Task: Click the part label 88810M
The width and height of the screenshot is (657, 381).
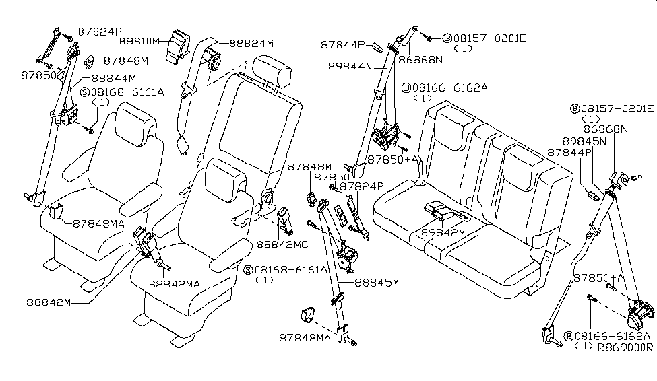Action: tap(139, 41)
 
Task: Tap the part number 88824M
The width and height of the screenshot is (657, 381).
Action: tap(251, 43)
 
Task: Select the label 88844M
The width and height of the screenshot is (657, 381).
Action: tap(114, 78)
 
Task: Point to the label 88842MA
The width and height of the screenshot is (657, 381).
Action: tap(175, 284)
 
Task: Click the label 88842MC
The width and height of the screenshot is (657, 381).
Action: tap(282, 244)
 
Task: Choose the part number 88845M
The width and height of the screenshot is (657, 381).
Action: tap(377, 283)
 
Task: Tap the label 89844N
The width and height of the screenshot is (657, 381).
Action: tap(350, 66)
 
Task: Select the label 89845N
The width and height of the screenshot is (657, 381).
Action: tap(584, 141)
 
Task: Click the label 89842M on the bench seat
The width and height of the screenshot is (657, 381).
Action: tap(443, 232)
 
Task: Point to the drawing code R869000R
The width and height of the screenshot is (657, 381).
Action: tap(625, 347)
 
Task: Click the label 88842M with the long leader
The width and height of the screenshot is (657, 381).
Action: tap(49, 302)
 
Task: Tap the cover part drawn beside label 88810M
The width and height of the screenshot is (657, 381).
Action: tap(179, 46)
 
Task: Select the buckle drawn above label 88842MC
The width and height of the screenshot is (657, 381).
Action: tap(285, 219)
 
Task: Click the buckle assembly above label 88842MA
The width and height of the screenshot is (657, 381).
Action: tap(145, 243)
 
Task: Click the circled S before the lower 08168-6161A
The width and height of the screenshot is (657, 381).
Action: tap(247, 270)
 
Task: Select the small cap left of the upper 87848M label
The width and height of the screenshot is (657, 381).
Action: tap(90, 61)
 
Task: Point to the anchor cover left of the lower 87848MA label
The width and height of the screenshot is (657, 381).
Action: tap(307, 315)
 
